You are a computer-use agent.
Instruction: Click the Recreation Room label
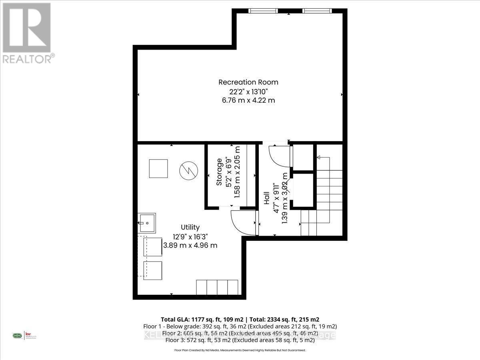248,82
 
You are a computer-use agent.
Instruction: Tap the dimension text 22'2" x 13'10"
248,91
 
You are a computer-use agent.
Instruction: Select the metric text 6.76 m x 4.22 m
248,100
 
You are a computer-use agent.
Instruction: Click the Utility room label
190,227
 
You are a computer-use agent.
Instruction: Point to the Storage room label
219,172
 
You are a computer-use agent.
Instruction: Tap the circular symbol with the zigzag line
188,170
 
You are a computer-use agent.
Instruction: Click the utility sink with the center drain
147,222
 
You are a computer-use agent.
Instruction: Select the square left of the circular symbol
158,168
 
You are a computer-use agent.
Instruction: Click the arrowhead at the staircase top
319,158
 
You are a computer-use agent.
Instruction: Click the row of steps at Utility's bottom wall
217,287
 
